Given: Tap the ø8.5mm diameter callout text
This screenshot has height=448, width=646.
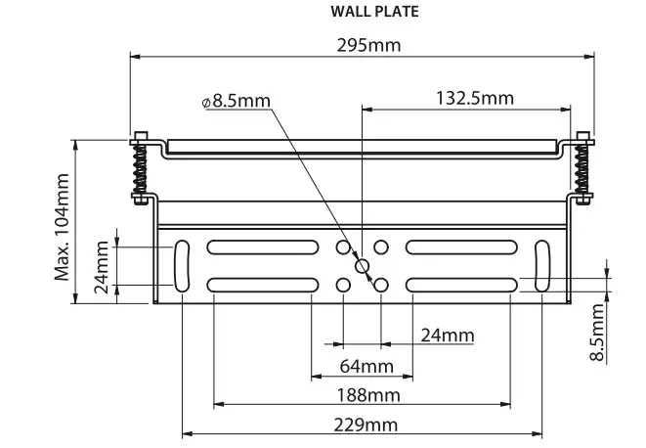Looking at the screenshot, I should (236, 101).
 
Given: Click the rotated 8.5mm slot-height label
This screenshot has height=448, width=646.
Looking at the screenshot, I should (598, 332).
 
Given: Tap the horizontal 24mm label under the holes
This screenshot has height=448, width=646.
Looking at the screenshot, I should (447, 336).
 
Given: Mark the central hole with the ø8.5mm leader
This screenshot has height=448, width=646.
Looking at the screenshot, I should (363, 265).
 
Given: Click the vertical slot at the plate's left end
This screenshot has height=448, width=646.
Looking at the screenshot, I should (183, 265).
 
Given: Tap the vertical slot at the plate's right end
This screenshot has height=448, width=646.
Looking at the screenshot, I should (541, 265).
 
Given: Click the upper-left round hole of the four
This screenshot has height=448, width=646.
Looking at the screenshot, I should (343, 246).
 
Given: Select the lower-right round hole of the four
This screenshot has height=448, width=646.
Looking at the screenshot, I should (382, 285).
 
